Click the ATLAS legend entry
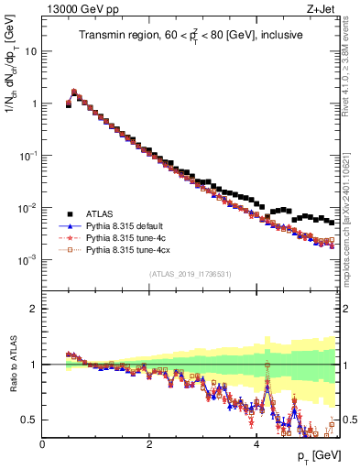pyautogui.click(x=100, y=213)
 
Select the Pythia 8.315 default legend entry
pyautogui.click(x=125, y=225)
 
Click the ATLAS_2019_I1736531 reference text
pyautogui.click(x=190, y=273)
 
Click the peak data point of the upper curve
pyautogui.click(x=74, y=92)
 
